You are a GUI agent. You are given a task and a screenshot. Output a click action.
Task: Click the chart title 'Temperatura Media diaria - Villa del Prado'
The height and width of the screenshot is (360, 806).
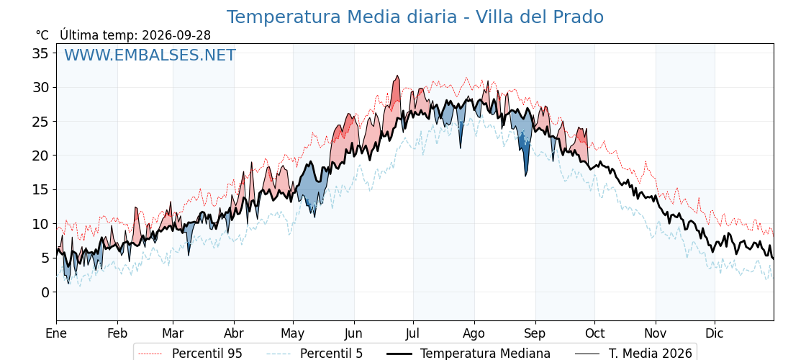pyautogui.click(x=415, y=17)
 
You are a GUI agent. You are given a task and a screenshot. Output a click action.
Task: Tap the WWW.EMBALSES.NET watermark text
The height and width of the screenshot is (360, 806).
pyautogui.click(x=150, y=55)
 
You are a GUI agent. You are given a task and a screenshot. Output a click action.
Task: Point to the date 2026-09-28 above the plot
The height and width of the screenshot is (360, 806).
pyautogui.click(x=176, y=35)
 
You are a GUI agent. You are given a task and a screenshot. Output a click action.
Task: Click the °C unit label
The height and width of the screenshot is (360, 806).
pyautogui.click(x=42, y=35)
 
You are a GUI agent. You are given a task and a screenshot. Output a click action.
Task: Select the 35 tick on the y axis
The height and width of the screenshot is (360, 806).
pyautogui.click(x=40, y=53)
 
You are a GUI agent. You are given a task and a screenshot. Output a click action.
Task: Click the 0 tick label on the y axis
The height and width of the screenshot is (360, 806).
pyautogui.click(x=45, y=292)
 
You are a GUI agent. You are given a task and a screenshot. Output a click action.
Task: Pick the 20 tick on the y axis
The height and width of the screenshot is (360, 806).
pyautogui.click(x=40, y=156)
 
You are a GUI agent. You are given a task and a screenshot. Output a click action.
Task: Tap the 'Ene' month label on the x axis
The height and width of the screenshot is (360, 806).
pyautogui.click(x=56, y=333)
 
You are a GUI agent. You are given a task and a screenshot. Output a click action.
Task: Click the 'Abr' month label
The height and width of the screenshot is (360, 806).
pyautogui.click(x=234, y=333)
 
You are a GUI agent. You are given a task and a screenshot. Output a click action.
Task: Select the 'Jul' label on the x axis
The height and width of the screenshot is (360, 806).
pyautogui.click(x=413, y=333)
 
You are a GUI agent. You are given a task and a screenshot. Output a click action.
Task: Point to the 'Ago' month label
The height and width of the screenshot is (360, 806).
pyautogui.click(x=474, y=334)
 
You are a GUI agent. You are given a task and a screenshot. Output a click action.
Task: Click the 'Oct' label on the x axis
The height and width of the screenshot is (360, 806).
pyautogui.click(x=594, y=333)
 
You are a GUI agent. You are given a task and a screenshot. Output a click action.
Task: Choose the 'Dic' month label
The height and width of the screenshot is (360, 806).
pyautogui.click(x=715, y=333)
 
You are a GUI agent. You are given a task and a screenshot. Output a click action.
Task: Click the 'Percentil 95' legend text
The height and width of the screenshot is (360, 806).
pyautogui.click(x=207, y=354)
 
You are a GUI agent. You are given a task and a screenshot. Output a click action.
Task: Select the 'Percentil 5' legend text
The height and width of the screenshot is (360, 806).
pyautogui.click(x=331, y=354)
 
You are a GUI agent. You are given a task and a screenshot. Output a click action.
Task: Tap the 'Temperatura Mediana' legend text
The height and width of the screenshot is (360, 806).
pyautogui.click(x=485, y=354)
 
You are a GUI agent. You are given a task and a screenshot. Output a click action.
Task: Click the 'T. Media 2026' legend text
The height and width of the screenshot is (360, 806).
pyautogui.click(x=651, y=354)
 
